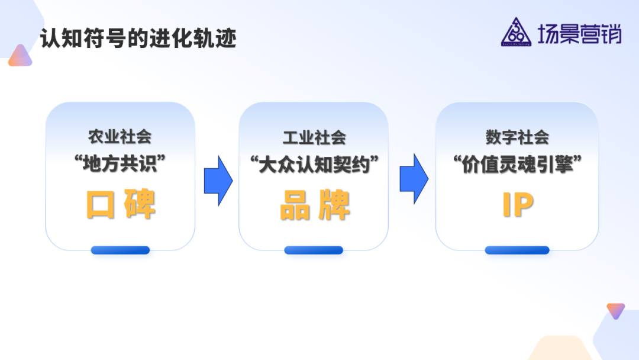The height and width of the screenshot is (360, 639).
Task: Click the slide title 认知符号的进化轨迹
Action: (x=138, y=38)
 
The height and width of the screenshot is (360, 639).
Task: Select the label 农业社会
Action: (x=120, y=137)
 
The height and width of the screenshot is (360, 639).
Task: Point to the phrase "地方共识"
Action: (x=120, y=164)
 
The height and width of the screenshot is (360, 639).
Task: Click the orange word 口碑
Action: (x=121, y=204)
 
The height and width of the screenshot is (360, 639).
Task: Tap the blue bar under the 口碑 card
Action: (x=120, y=250)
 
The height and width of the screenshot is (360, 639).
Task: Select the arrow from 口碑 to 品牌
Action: (x=218, y=181)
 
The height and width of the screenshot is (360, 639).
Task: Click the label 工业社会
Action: (x=314, y=137)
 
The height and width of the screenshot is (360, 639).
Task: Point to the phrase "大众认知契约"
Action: (x=314, y=164)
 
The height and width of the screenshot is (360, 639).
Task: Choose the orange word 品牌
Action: (x=314, y=204)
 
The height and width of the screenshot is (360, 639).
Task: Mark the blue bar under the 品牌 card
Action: (x=314, y=250)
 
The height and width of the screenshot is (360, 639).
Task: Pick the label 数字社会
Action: (x=517, y=137)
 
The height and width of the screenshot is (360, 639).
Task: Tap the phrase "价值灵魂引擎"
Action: (x=517, y=164)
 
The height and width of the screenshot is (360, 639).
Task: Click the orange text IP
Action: (x=517, y=204)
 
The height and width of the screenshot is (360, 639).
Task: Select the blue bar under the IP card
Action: (x=517, y=250)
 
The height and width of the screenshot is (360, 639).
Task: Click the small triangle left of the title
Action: (x=20, y=56)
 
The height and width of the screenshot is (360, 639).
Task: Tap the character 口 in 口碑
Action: (x=100, y=204)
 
